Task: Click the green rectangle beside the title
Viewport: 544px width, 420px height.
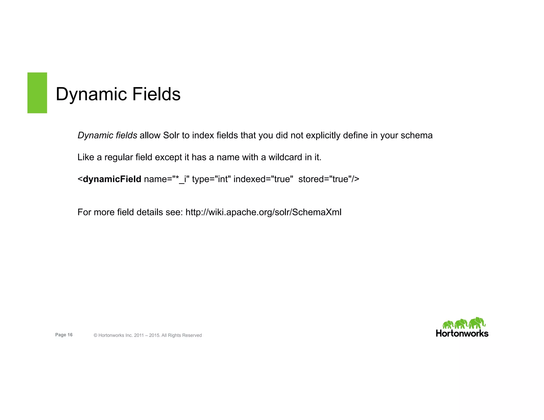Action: [x=37, y=93]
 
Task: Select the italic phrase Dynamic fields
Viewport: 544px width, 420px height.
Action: [x=107, y=135]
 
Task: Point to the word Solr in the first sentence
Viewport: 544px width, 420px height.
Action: [x=171, y=135]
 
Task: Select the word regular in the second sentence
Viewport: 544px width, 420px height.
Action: [x=118, y=157]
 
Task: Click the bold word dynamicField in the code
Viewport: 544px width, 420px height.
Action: [x=112, y=179]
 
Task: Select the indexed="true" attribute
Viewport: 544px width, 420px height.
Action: [x=263, y=179]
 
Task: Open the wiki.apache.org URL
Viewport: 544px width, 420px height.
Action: [x=263, y=212]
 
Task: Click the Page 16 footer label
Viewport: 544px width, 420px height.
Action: [x=64, y=335]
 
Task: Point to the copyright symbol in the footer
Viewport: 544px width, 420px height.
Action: [x=95, y=335]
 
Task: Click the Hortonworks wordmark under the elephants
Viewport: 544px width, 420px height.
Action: [x=462, y=333]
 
